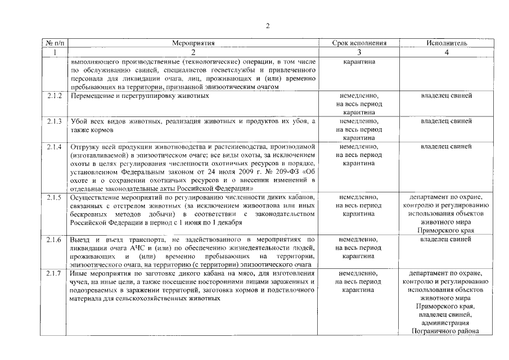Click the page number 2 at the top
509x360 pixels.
pos(268,26)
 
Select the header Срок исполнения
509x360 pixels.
pos(360,43)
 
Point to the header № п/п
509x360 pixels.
pos(55,43)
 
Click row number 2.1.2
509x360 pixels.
pos(55,96)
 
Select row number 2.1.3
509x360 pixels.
pos(55,121)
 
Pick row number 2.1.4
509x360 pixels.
pos(55,147)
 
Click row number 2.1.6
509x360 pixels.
pos(55,240)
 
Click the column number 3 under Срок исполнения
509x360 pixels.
pos(360,52)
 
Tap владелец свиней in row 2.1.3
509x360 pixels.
pos(446,121)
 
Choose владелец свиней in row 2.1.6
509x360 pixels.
pos(446,240)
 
